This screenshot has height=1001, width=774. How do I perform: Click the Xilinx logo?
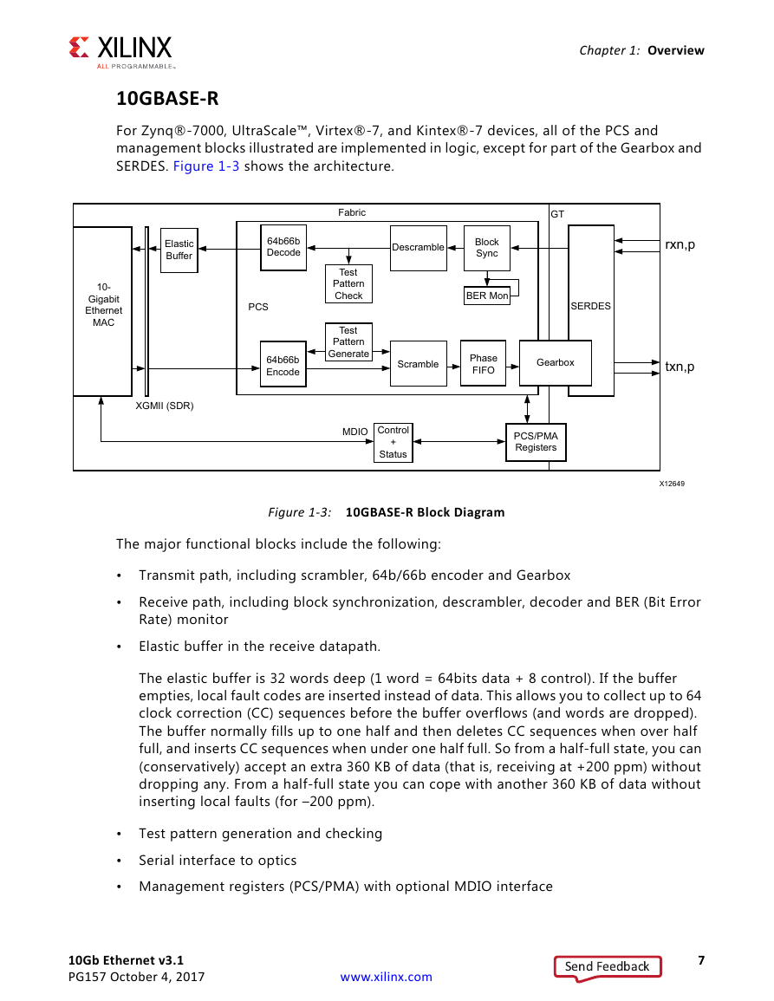click(x=120, y=52)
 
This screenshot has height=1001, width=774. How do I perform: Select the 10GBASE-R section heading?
click(x=167, y=98)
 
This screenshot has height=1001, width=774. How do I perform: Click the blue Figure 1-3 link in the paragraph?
click(x=206, y=166)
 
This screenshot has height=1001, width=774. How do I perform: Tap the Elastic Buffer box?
click(x=179, y=250)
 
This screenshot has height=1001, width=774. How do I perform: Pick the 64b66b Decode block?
click(x=283, y=247)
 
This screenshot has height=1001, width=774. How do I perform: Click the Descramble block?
click(x=419, y=248)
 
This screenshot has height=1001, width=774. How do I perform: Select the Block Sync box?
click(x=487, y=248)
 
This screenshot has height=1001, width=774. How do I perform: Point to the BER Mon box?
click(x=487, y=296)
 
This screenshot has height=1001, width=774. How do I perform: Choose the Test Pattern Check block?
click(x=348, y=284)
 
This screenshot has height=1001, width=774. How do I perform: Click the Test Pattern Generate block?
click(x=348, y=342)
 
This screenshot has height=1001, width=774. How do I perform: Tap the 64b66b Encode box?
click(x=283, y=366)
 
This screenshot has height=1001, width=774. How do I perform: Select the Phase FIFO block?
click(x=484, y=364)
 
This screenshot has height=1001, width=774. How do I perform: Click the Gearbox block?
click(x=556, y=362)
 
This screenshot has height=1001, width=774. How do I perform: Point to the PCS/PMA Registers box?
click(x=536, y=442)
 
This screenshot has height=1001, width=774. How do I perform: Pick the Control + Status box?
click(x=394, y=442)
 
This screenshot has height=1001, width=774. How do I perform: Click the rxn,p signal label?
click(x=680, y=245)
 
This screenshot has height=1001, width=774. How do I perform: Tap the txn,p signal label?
click(x=680, y=367)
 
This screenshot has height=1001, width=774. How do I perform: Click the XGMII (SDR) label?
click(x=165, y=406)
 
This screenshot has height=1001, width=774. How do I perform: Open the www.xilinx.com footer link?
click(x=387, y=978)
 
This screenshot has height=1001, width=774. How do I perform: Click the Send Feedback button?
click(x=608, y=966)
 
